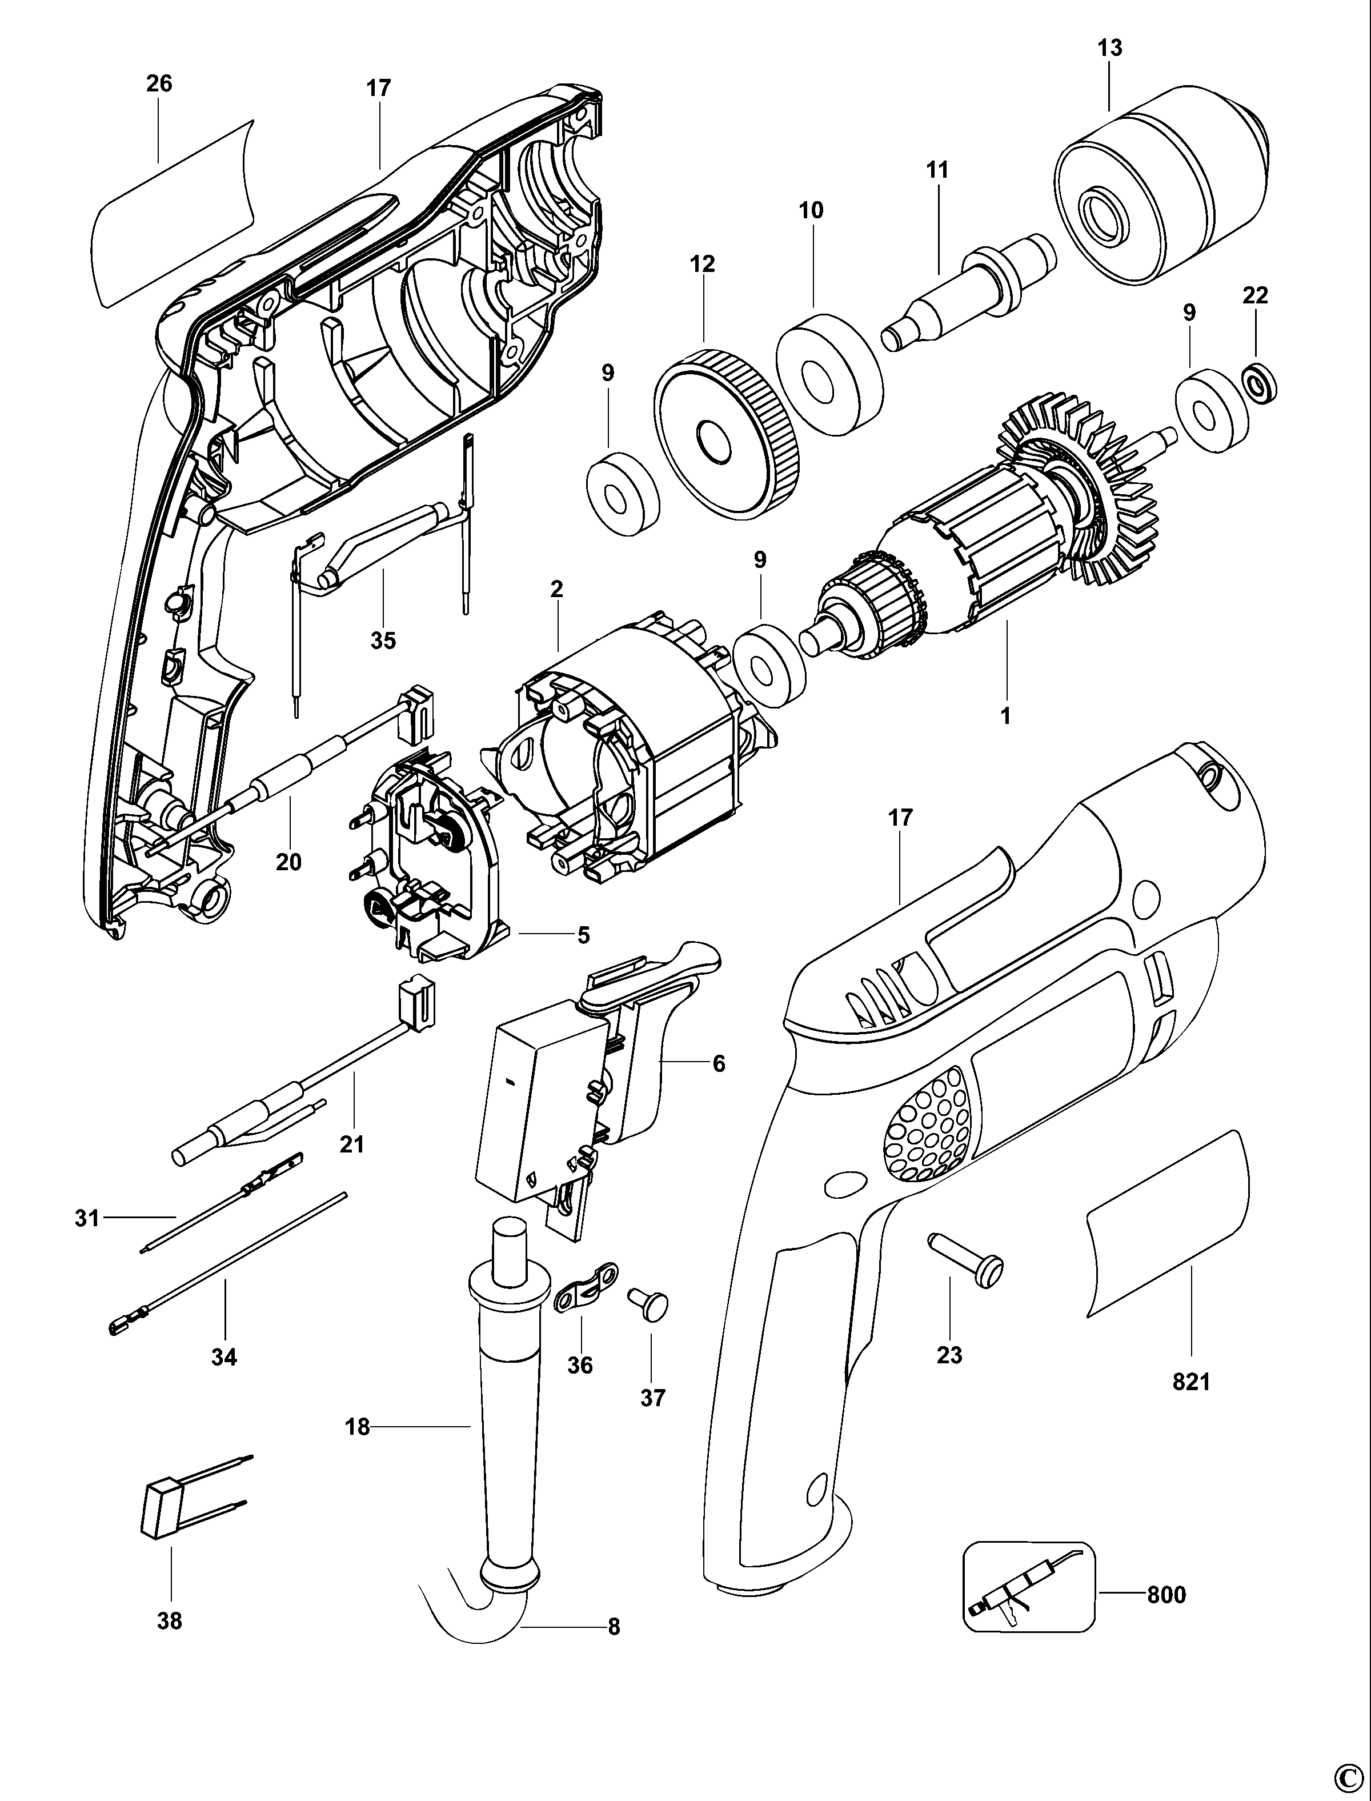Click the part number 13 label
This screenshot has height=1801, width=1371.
(x=1109, y=48)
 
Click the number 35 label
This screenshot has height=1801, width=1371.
(x=383, y=641)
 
